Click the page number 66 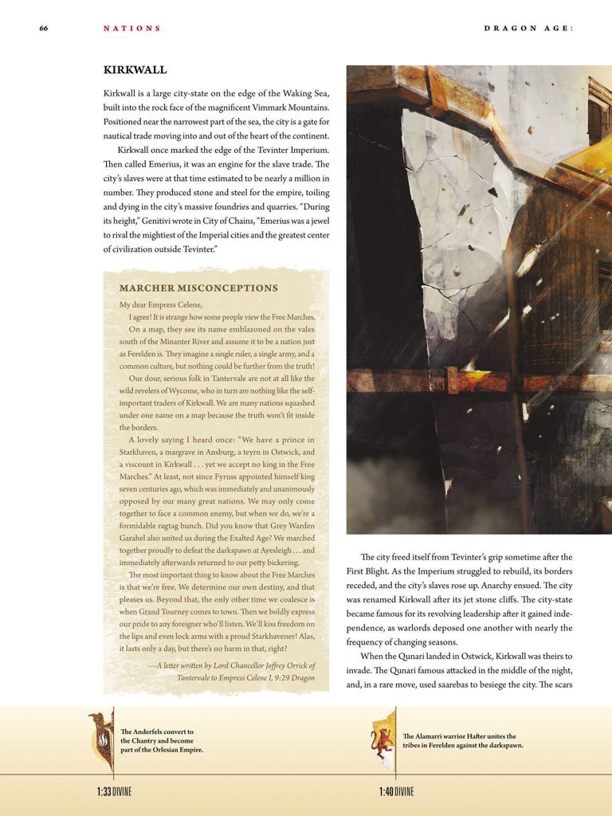click(x=44, y=29)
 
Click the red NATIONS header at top click(x=131, y=29)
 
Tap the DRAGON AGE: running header click(x=528, y=29)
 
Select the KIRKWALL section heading click(x=135, y=70)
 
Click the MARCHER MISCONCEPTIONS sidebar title click(x=198, y=288)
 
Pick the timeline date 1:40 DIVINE click(x=397, y=791)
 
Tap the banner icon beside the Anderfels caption click(x=101, y=740)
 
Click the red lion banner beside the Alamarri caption click(x=383, y=740)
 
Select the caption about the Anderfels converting click(x=162, y=740)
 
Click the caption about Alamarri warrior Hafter click(x=463, y=741)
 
